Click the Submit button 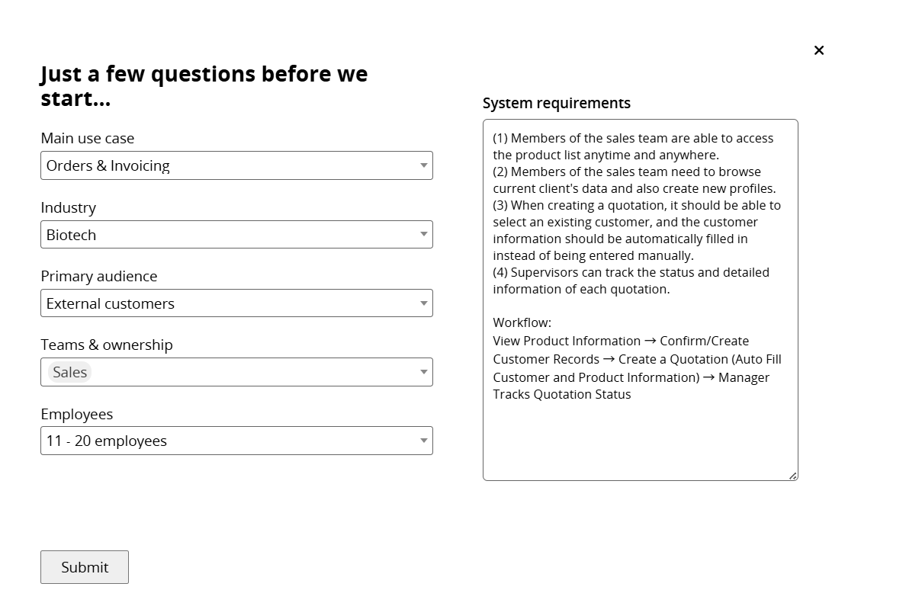pos(85,567)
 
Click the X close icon pos(819,50)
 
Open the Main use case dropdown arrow pos(423,165)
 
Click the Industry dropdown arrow pos(423,234)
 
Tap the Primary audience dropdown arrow pos(423,303)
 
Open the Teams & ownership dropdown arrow pos(423,372)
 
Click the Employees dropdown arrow pos(423,441)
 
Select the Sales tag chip pos(69,372)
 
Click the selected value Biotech pos(71,235)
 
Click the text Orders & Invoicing pos(108,165)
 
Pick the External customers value pos(110,303)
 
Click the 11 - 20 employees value pos(106,441)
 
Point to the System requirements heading pos(556,103)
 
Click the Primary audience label pos(98,276)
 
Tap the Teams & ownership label pos(106,345)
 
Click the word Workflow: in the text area pos(522,322)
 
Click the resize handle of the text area pos(793,476)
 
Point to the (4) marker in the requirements pos(500,272)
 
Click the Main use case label pos(87,138)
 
